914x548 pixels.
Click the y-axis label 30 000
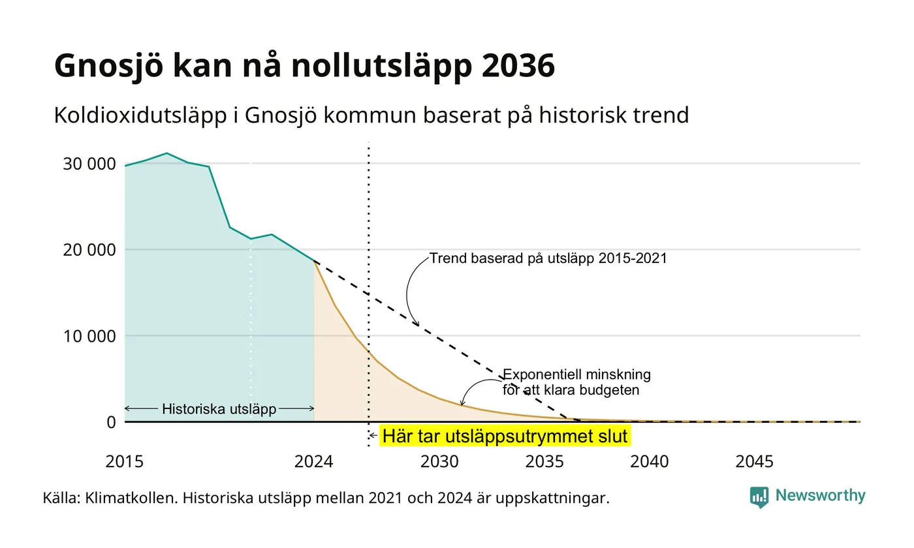(x=89, y=164)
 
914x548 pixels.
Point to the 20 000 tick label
(x=89, y=250)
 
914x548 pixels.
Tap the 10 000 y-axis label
(x=89, y=337)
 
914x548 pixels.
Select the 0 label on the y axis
(x=112, y=423)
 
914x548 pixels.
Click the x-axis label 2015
(x=125, y=462)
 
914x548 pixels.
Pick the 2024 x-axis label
(x=314, y=462)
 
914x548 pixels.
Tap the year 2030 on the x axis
(x=439, y=462)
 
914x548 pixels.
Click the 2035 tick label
(x=544, y=462)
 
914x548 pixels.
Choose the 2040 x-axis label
(x=649, y=462)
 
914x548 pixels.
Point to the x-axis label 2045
(x=754, y=462)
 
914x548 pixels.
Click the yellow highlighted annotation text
(x=505, y=436)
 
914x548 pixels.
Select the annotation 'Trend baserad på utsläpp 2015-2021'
(x=548, y=258)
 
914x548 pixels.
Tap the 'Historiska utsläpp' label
(x=219, y=409)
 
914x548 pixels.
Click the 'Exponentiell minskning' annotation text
(x=576, y=374)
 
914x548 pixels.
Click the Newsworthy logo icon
(x=759, y=497)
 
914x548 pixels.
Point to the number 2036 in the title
(x=518, y=65)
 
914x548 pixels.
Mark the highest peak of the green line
(x=166, y=153)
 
